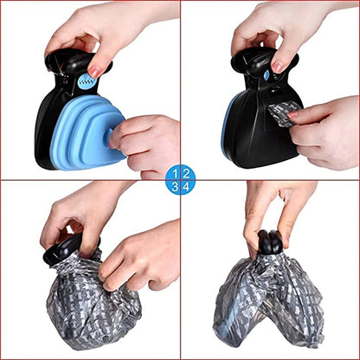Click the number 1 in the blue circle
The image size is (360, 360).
(x=176, y=174)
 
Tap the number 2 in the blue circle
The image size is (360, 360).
(x=186, y=174)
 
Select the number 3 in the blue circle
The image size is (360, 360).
(x=175, y=187)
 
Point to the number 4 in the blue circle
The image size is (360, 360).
(x=186, y=187)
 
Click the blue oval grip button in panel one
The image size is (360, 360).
(x=87, y=81)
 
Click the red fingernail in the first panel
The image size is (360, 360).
(x=93, y=72)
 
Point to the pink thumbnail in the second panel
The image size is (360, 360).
(x=278, y=67)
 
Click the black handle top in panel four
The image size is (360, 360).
(x=270, y=242)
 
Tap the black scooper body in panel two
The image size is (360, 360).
(x=261, y=127)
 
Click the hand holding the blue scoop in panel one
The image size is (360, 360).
(x=145, y=145)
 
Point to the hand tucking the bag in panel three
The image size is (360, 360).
(x=138, y=254)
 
